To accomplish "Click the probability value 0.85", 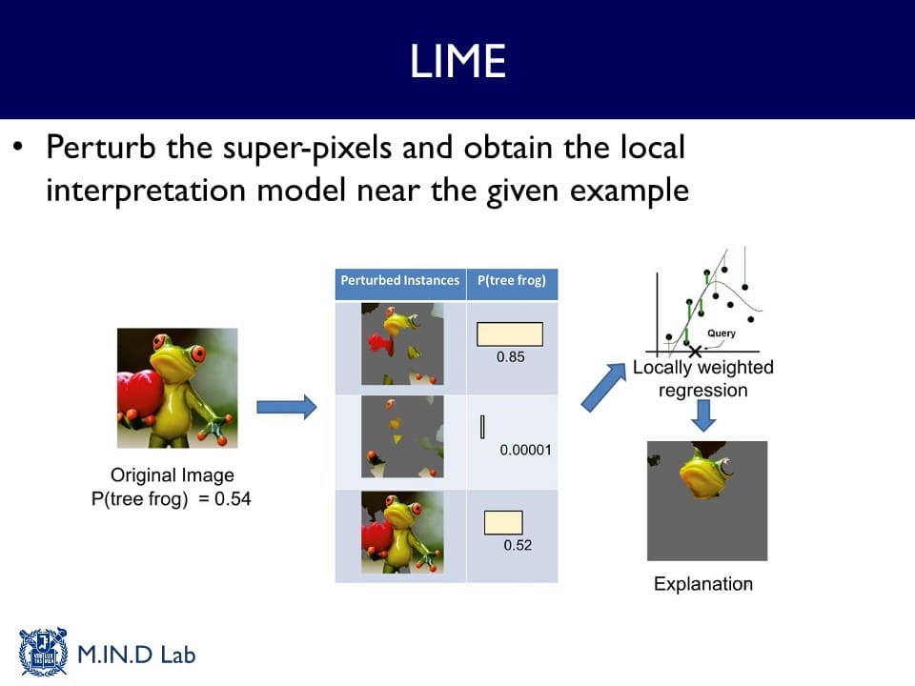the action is (x=511, y=358).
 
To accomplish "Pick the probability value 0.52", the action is (x=518, y=545).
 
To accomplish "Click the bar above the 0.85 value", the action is (x=510, y=333).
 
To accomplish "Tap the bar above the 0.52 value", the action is (x=503, y=522).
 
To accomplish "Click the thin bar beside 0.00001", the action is (x=483, y=427).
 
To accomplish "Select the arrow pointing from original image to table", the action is (x=286, y=408).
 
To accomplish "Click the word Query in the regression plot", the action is (x=721, y=333).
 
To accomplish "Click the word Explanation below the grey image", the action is (x=703, y=584).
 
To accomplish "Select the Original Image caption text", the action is (x=172, y=475).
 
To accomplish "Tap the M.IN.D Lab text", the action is (x=136, y=656).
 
